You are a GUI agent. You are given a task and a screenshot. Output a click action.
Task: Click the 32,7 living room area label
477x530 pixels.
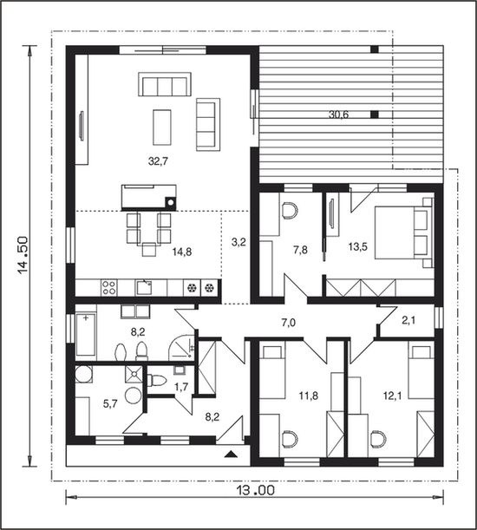(158, 161)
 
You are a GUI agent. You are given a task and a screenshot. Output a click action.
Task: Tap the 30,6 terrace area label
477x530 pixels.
(338, 115)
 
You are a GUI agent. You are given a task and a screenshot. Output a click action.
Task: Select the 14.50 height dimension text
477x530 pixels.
(23, 255)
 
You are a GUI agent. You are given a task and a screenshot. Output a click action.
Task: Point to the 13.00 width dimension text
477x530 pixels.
(254, 490)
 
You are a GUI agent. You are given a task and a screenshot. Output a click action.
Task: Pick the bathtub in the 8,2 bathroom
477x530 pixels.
(86, 335)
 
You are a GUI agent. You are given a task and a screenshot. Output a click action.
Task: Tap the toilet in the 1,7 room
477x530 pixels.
(157, 381)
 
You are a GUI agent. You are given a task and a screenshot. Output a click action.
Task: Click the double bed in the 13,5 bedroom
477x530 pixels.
(403, 232)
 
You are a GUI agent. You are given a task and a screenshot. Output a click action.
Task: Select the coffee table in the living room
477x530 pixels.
(162, 128)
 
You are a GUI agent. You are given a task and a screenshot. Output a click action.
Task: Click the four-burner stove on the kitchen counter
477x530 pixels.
(109, 288)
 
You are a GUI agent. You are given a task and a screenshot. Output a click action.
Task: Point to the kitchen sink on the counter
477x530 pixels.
(144, 288)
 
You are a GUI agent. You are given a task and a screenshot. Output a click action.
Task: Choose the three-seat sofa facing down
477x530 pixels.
(165, 84)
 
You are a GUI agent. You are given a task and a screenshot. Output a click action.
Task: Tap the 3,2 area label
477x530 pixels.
(238, 242)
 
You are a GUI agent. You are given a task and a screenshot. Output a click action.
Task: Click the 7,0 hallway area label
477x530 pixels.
(288, 323)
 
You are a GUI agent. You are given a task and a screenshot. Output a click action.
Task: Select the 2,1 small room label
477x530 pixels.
(408, 320)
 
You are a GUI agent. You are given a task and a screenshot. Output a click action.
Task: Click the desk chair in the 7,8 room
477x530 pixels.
(290, 211)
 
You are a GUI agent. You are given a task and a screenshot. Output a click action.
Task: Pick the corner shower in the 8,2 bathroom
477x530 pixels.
(181, 347)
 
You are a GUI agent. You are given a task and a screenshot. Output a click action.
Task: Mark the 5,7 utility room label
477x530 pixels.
(110, 403)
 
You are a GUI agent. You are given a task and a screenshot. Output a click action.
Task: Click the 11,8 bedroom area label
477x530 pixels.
(309, 396)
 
